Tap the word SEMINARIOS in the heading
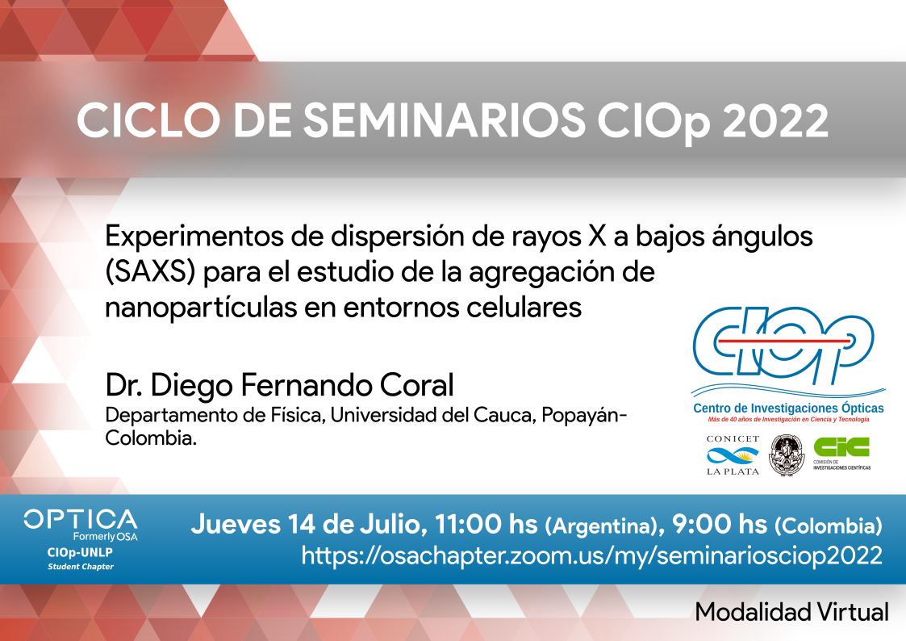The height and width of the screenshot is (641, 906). pos(444,120)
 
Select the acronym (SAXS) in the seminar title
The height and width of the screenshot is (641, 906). pos(150,272)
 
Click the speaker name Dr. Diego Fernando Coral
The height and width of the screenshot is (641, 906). pos(279,385)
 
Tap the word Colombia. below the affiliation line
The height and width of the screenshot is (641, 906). pos(151,438)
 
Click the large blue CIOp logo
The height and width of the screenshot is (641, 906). pos(783,346)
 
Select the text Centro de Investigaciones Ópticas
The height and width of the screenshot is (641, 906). pos(788,408)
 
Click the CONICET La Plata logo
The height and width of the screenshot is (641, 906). pos(733,455)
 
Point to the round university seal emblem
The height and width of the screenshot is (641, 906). pos(786,455)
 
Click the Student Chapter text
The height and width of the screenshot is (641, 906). pos(81,567)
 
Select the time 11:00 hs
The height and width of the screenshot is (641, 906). pos(486,524)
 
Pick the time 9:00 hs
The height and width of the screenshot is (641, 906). pos(720,524)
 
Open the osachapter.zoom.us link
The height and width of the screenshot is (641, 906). pos(591,555)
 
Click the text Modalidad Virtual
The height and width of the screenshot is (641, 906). pos(791,611)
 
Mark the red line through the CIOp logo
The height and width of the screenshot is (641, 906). pos(783,341)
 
